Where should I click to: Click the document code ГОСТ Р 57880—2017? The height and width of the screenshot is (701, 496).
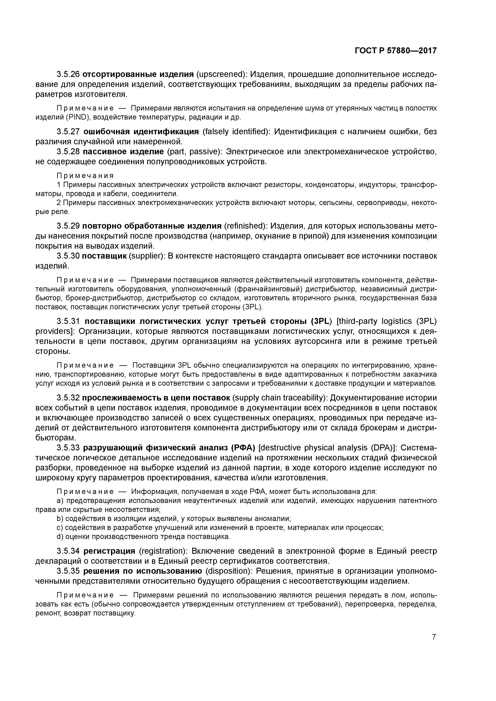[395, 51]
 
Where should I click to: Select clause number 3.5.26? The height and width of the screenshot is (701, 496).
[68, 74]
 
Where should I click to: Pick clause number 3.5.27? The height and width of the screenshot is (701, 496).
[68, 132]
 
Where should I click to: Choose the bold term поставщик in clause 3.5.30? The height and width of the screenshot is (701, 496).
[104, 256]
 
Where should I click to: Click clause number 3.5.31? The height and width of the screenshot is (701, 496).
[68, 321]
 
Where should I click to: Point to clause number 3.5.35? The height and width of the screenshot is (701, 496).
[68, 571]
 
